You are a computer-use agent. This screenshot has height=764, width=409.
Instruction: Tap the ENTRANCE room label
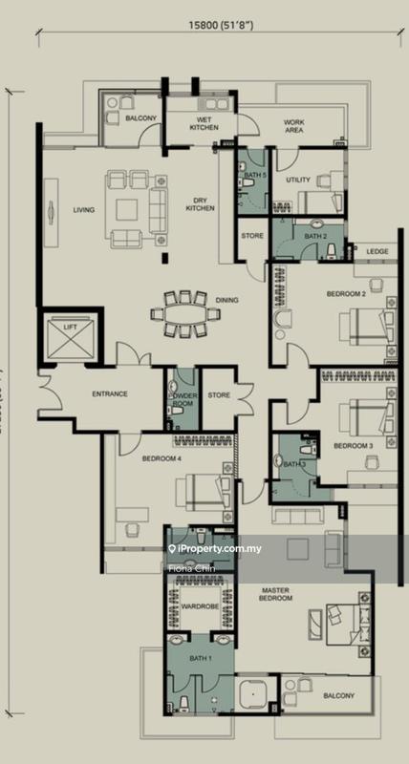click(110, 393)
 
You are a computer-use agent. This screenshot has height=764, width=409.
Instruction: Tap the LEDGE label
click(377, 251)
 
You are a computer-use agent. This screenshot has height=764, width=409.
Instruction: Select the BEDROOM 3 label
click(353, 445)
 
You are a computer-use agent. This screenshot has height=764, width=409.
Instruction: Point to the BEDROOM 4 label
click(161, 458)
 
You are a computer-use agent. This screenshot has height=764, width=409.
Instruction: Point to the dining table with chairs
click(184, 312)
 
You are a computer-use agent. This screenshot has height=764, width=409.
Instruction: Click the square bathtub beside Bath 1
click(252, 700)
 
